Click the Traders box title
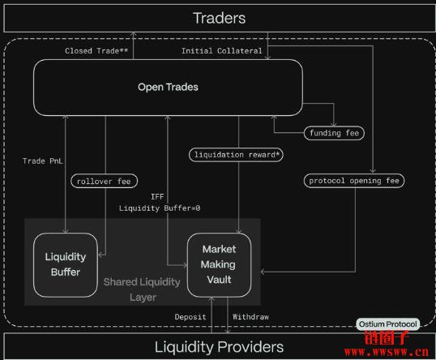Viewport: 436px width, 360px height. pos(220,19)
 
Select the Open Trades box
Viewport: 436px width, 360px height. pos(168,88)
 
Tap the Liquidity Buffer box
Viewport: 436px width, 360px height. pos(66,265)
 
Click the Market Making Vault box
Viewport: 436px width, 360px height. pos(219,265)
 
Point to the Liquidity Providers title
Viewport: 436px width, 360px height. pos(219,347)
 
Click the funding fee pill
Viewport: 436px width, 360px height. pos(334,133)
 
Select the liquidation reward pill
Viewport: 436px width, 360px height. pos(236,155)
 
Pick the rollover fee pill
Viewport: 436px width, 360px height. pos(104,182)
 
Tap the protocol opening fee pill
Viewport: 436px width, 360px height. pos(354,181)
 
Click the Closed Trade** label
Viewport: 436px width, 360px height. pos(96,51)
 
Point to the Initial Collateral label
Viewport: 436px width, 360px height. pos(221,51)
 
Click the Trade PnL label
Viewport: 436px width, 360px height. pos(42,161)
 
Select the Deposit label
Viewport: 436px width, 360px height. pos(190,317)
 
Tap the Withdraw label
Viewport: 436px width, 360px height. pos(250,317)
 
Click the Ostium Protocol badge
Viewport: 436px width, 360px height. pos(388,324)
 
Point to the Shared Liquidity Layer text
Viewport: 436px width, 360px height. pos(142,289)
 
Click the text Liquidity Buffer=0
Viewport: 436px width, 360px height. pos(160,208)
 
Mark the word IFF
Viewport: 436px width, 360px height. pos(157,197)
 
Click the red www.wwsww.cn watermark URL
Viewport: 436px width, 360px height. pos(387,352)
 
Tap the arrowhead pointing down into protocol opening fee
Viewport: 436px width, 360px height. pos(373,170)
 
